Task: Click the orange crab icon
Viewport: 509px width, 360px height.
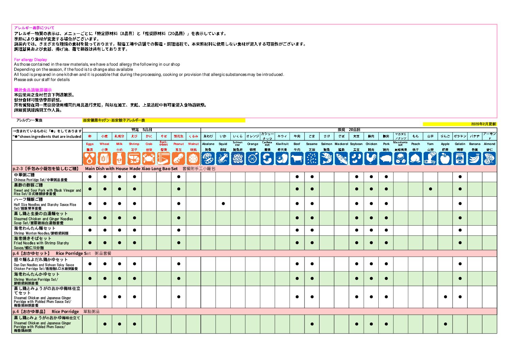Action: coord(149,159)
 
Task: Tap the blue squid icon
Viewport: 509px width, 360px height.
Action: coord(223,159)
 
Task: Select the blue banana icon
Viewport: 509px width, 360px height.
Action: coord(475,159)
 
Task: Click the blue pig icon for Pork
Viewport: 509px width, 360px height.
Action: coord(386,159)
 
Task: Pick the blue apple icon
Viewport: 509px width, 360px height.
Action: coord(445,159)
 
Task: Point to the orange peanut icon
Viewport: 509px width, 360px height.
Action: coord(178,159)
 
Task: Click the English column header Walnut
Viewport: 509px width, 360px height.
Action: coord(193,144)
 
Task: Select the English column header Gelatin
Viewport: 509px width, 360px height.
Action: coord(460,144)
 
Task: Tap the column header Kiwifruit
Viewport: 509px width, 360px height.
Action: coord(282,144)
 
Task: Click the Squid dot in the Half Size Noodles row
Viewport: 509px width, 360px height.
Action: coord(223,203)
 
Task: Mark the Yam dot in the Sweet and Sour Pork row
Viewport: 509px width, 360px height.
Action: coord(430,189)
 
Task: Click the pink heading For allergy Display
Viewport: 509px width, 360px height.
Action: coord(31,60)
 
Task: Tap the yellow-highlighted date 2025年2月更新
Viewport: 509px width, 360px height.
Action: coord(483,124)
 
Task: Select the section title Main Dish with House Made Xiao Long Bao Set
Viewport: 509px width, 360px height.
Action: coord(131,169)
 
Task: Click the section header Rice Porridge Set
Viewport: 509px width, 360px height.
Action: coord(73,253)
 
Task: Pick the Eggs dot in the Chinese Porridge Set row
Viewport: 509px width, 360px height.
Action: coord(90,177)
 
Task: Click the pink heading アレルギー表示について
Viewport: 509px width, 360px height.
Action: coord(34,28)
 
